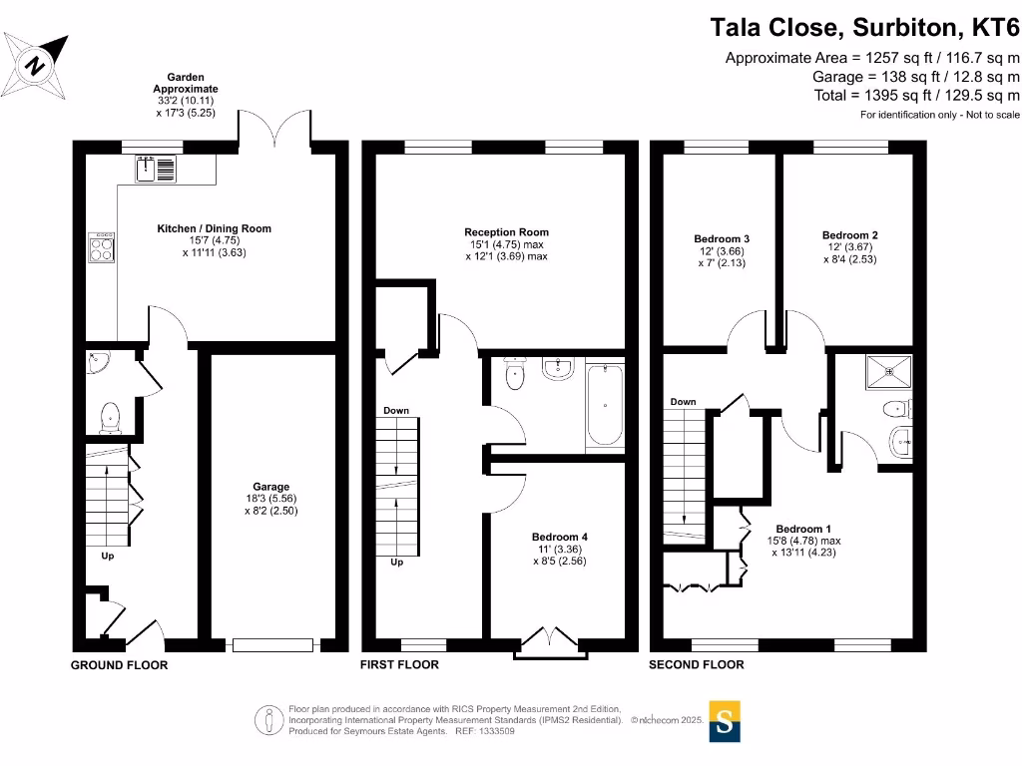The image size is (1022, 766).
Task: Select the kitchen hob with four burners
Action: pos(103,247)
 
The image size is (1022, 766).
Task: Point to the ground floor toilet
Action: pos(110,417)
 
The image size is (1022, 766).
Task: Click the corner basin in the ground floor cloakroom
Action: pos(99,365)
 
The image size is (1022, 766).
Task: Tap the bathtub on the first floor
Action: pos(606,407)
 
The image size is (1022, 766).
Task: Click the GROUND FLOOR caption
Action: pos(119,665)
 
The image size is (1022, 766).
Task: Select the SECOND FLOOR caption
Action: pos(696,665)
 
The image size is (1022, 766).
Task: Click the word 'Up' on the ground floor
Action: pos(107,557)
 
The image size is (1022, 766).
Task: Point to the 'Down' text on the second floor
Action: pos(684,402)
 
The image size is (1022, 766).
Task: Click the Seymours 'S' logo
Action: pos(727,723)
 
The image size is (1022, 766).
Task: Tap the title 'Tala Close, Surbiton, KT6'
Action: pos(864,26)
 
